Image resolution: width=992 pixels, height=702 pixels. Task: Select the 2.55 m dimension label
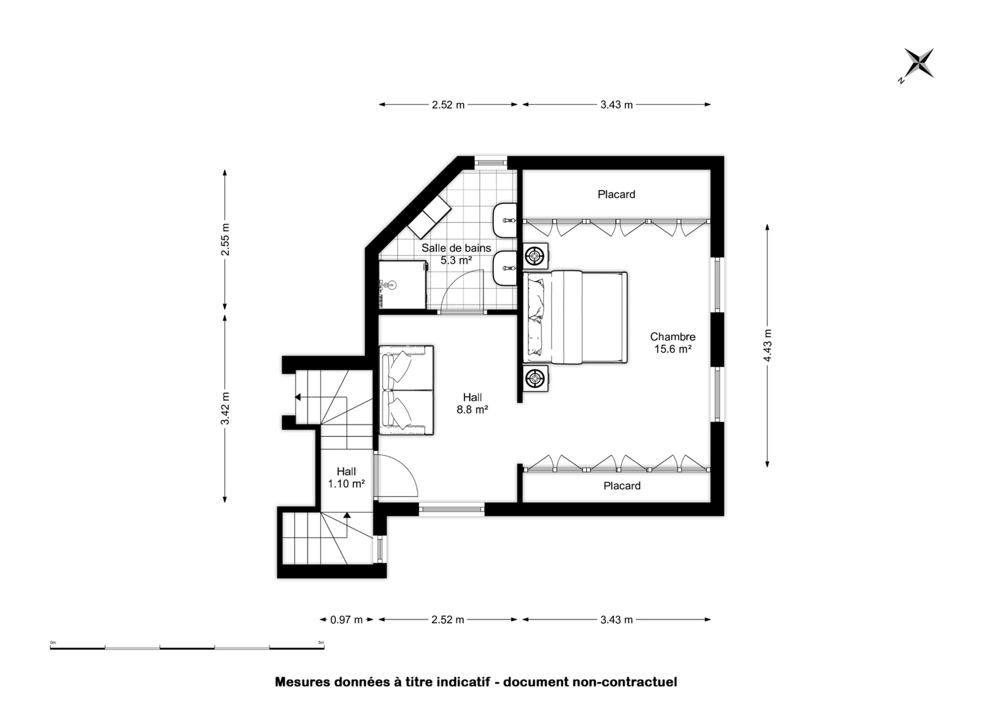pyautogui.click(x=225, y=240)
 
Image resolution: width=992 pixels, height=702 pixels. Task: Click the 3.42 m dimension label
pyautogui.click(x=225, y=408)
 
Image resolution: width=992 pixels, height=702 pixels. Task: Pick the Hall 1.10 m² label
pyautogui.click(x=346, y=478)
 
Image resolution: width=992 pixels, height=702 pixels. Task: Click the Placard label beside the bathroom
pyautogui.click(x=616, y=195)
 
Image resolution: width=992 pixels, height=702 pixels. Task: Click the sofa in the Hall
pyautogui.click(x=406, y=390)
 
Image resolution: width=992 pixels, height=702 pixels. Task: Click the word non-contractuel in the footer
pyautogui.click(x=625, y=682)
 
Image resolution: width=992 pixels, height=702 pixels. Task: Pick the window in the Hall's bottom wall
pyautogui.click(x=452, y=509)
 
